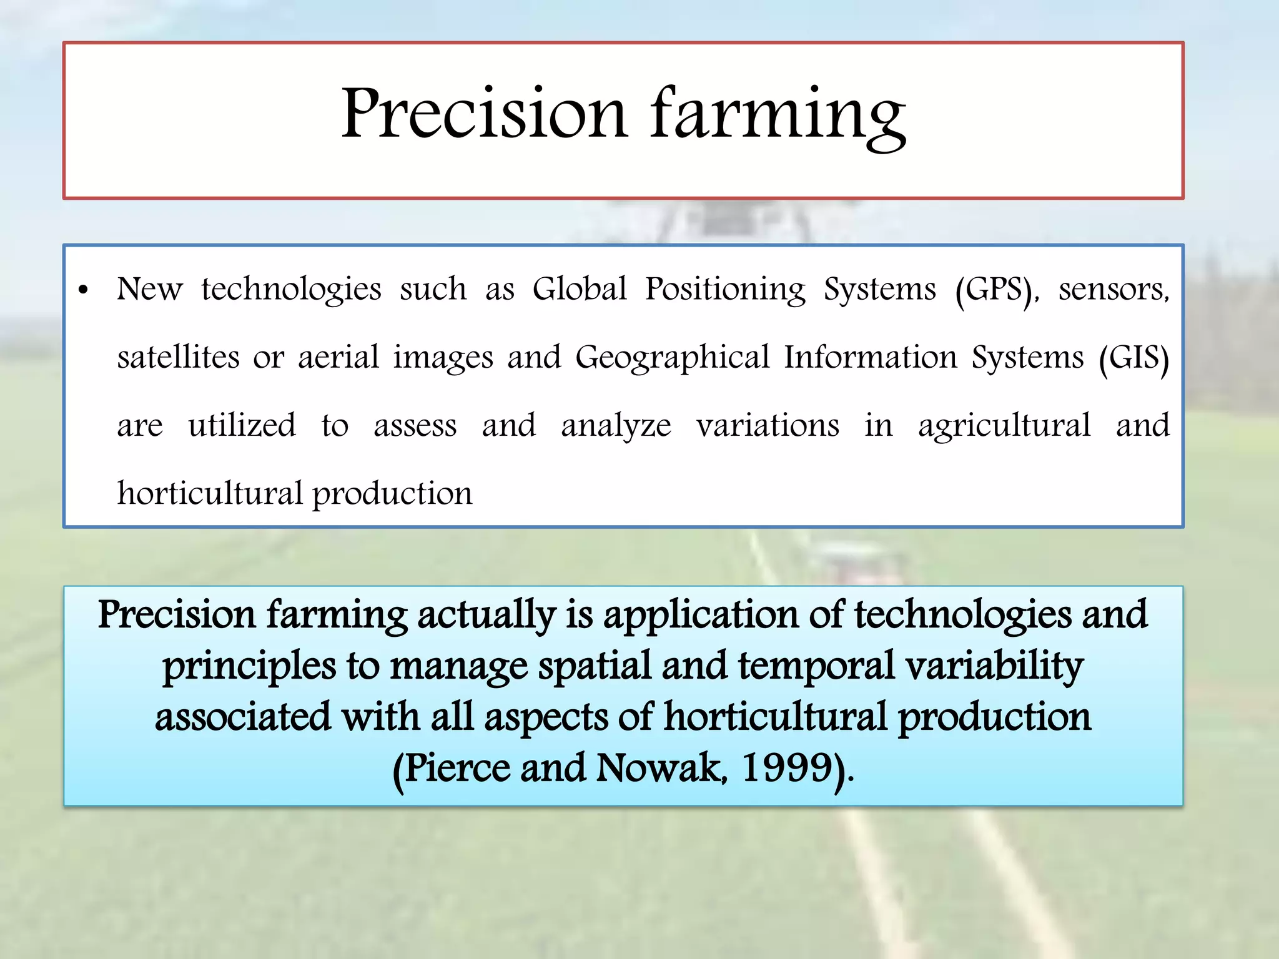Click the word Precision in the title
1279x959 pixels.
[483, 114]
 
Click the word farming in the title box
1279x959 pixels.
[778, 116]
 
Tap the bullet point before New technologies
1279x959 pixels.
[84, 290]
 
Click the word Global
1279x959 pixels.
[579, 289]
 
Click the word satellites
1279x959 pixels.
[179, 358]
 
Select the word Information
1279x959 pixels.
[871, 358]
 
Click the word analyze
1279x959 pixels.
[616, 427]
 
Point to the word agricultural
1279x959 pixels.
[1004, 427]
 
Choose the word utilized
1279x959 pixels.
[242, 426]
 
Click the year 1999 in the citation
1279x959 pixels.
[788, 767]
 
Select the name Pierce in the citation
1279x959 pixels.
[457, 767]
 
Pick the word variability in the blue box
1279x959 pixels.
[994, 666]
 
